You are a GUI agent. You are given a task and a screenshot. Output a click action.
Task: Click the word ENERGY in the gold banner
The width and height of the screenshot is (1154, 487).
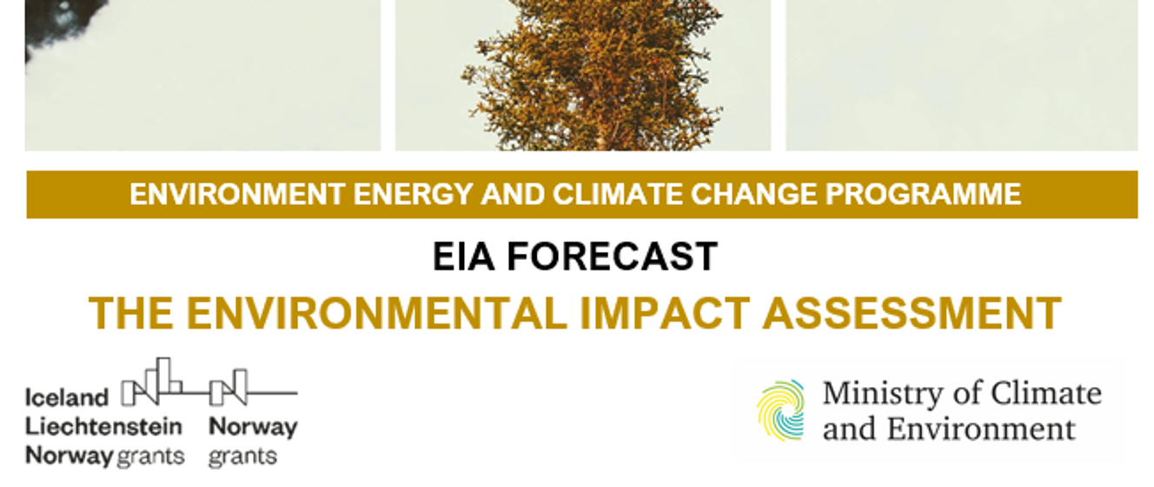tap(393, 194)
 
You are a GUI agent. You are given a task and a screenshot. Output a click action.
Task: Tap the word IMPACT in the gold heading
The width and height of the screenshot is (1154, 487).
tap(665, 313)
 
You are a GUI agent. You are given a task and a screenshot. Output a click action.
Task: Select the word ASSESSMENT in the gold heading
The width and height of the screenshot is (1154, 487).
tap(912, 313)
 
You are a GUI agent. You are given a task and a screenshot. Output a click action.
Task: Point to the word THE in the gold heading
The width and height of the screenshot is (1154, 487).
tap(130, 313)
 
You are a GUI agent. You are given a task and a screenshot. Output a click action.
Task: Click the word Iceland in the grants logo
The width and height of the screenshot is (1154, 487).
tap(67, 398)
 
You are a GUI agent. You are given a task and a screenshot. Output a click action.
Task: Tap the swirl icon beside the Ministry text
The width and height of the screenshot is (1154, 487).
tap(780, 410)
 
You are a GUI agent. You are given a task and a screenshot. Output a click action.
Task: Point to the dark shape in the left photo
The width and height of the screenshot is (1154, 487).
tap(61, 22)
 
